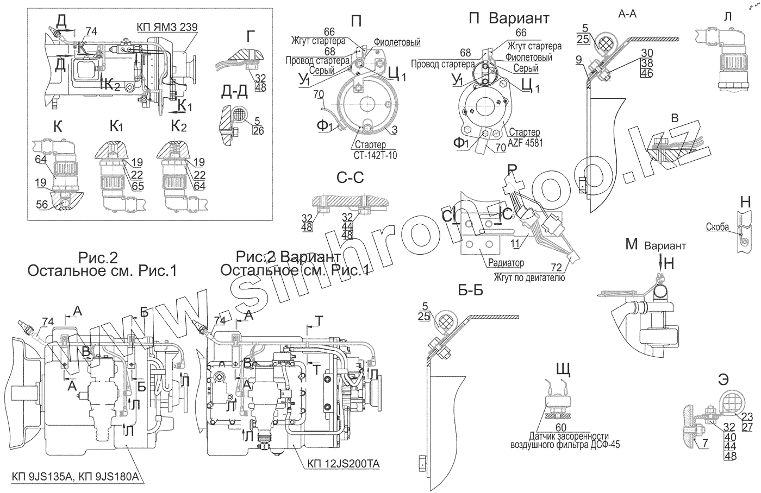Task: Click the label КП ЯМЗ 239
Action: coord(167,27)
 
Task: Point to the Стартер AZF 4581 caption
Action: coord(525,137)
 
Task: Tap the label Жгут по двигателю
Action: coord(529,277)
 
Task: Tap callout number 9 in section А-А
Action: coord(578,59)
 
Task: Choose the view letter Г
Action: coord(251,36)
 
